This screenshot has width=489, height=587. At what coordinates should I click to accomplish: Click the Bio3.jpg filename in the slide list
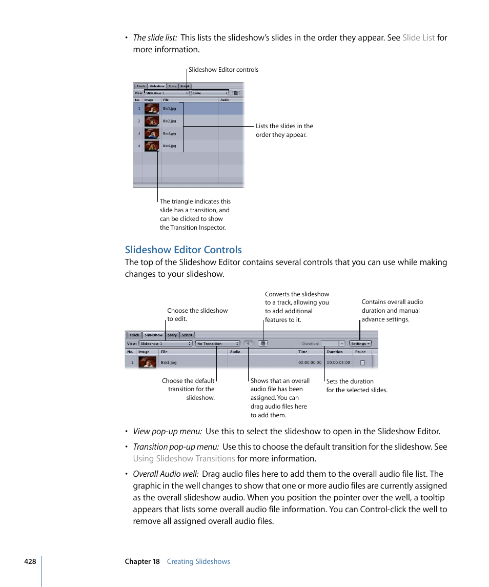(169, 133)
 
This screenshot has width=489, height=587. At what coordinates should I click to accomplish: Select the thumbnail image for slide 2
(151, 121)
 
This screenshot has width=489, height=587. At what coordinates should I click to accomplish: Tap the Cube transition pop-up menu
(210, 93)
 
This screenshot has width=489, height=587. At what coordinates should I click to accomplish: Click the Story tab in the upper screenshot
(172, 86)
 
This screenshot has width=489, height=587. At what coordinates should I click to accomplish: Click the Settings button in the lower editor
(361, 343)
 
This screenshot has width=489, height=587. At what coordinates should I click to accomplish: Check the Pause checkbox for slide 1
(362, 362)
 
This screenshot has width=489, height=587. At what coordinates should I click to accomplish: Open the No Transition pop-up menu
(217, 343)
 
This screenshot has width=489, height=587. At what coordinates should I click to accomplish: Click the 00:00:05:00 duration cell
(338, 362)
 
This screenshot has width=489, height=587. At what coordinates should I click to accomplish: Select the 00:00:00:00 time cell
(310, 362)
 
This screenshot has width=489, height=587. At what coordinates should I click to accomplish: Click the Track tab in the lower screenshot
(134, 335)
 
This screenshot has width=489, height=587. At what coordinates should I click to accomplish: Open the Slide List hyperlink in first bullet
(418, 37)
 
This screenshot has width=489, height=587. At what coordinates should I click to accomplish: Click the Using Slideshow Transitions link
(184, 459)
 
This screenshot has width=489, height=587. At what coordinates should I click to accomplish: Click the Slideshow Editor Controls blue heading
(184, 250)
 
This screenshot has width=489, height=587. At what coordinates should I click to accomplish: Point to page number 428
(30, 561)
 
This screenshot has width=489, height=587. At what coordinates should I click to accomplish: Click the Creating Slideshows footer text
(198, 561)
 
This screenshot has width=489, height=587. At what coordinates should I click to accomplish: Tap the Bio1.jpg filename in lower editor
(169, 362)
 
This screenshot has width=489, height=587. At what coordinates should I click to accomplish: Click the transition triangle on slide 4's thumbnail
(158, 151)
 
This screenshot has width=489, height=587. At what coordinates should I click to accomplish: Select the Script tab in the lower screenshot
(187, 335)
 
